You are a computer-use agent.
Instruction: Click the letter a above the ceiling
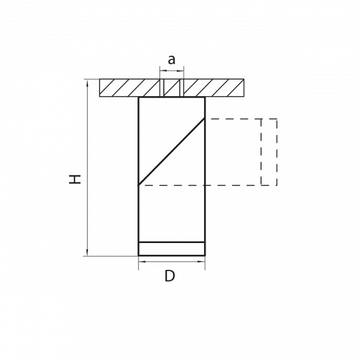pyautogui.click(x=172, y=59)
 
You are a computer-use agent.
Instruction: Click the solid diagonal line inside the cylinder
pyautogui.click(x=172, y=151)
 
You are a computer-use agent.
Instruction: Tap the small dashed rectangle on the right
pyautogui.click(x=269, y=152)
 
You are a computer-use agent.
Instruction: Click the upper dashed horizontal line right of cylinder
pyautogui.click(x=234, y=119)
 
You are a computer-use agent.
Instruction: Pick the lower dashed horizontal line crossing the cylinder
pyautogui.click(x=180, y=185)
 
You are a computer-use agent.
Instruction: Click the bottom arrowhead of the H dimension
pyautogui.click(x=88, y=253)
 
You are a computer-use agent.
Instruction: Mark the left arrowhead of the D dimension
pyautogui.click(x=142, y=262)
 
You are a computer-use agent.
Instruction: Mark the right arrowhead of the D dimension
pyautogui.click(x=202, y=262)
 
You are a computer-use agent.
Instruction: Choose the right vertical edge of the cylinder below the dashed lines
pyautogui.click(x=205, y=216)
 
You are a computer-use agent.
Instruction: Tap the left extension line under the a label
pyautogui.click(x=160, y=75)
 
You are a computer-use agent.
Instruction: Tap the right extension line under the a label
pyautogui.click(x=184, y=75)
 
